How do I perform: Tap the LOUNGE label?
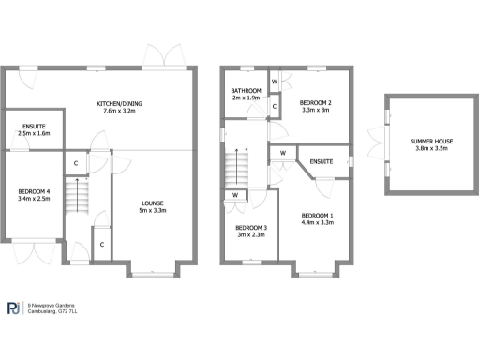coord(154,202)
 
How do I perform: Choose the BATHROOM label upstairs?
coord(246,89)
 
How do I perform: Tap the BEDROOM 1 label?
coord(318,216)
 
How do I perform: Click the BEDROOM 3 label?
coord(251,228)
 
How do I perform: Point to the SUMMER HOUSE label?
coord(431,141)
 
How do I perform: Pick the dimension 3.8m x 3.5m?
coord(431,148)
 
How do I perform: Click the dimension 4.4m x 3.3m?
coord(318,223)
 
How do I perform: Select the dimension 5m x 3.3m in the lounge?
coord(154,210)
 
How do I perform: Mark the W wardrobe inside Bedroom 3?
coord(234,195)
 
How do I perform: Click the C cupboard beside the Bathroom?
coord(274,107)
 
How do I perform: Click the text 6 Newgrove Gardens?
coord(51,305)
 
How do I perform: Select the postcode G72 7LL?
coord(69,311)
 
